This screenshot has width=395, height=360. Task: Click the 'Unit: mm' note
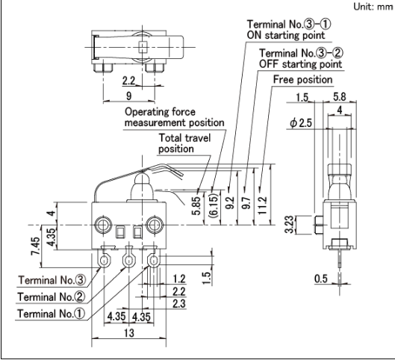[x=373, y=7]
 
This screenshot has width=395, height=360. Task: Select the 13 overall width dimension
[x=129, y=333]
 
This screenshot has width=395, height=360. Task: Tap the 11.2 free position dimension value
[x=262, y=205]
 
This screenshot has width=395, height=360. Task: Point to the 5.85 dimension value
[x=196, y=205]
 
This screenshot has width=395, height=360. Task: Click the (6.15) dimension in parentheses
[x=214, y=205]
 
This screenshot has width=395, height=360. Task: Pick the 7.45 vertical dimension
[x=35, y=246]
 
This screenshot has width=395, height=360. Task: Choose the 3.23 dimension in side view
[x=289, y=225]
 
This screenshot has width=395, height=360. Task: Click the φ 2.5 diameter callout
[x=301, y=123]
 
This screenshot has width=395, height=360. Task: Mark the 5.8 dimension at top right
[x=340, y=97]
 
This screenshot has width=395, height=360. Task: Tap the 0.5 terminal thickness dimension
[x=321, y=279]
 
